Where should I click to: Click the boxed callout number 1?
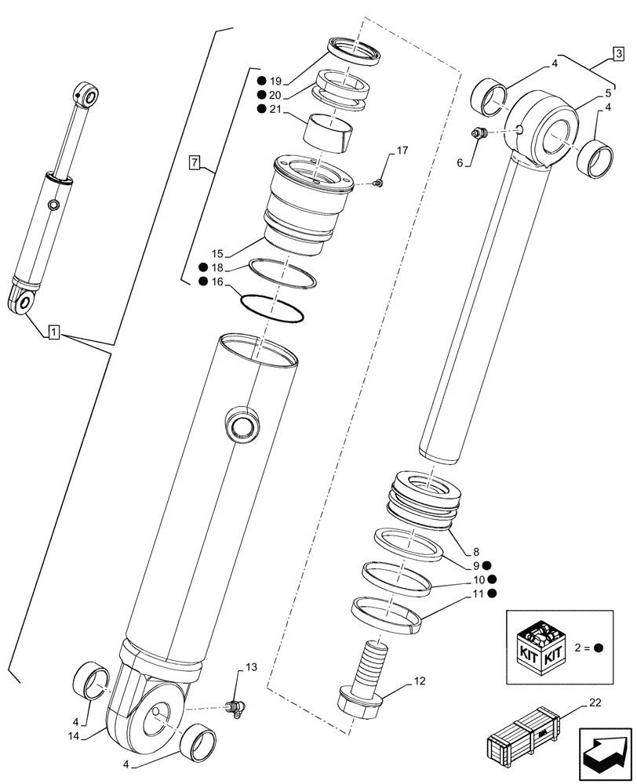pos(53,333)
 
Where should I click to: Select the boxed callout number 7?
pos(195,163)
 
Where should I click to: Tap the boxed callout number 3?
pos(619,54)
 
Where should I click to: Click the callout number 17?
pos(402,150)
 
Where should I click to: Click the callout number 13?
pos(250,668)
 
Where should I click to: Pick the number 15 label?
pos(217,253)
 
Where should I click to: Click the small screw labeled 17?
pos(379,183)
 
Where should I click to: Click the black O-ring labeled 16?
pos(272,309)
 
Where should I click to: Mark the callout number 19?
pos(275,81)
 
